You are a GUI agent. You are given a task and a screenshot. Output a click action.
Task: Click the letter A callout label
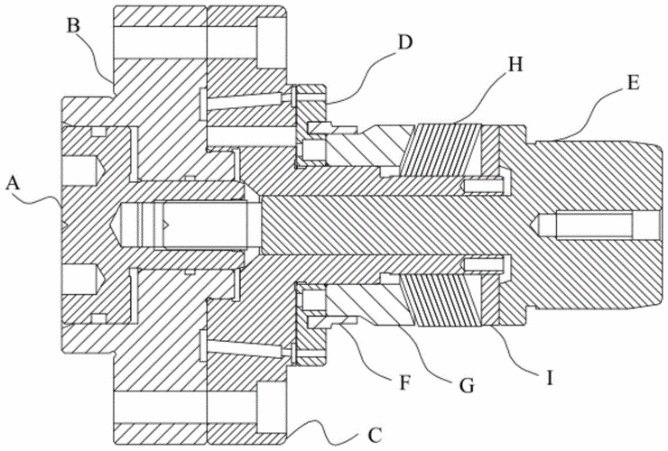12,183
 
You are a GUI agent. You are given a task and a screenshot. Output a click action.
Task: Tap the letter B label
75,23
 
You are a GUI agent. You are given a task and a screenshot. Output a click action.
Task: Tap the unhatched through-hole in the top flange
159,45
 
